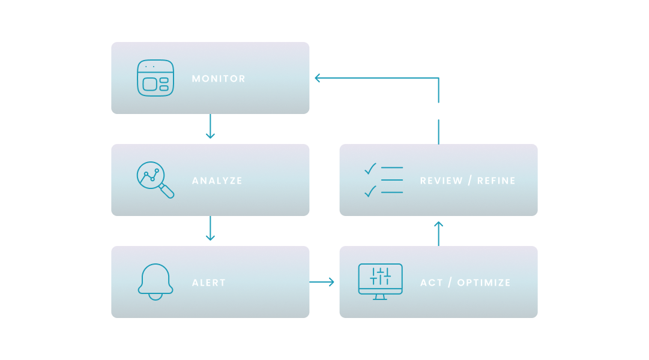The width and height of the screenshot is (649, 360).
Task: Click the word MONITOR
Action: click(x=219, y=79)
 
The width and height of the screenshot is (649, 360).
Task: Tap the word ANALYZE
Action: click(x=217, y=181)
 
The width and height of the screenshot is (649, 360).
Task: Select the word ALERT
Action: click(x=208, y=283)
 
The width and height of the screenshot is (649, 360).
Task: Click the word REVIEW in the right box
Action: click(x=441, y=181)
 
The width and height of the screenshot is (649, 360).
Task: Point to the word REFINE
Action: click(x=497, y=181)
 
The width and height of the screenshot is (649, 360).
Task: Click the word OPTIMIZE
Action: click(x=484, y=283)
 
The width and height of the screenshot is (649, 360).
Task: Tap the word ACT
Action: click(x=431, y=283)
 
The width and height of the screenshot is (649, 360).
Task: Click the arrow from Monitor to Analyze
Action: click(x=210, y=126)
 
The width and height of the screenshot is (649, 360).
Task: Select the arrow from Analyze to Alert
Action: click(x=210, y=228)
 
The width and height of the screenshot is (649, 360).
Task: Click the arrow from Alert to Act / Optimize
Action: click(x=322, y=282)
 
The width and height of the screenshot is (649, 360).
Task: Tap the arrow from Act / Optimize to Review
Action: click(x=439, y=234)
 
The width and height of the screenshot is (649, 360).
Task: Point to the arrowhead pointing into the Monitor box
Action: click(x=317, y=78)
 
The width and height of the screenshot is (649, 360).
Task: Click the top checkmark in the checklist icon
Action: click(x=370, y=169)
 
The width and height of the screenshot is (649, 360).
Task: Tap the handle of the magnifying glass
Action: click(x=167, y=191)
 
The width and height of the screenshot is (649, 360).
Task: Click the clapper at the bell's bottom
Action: click(x=155, y=297)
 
